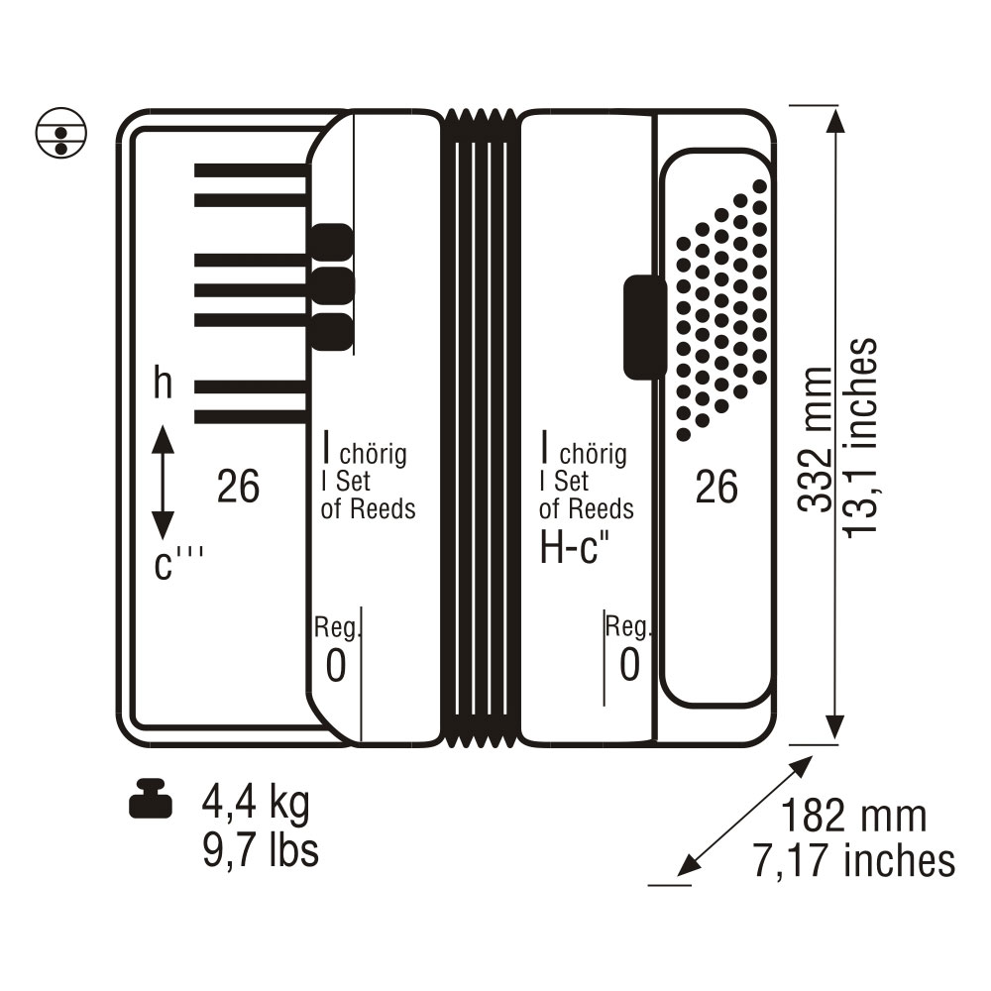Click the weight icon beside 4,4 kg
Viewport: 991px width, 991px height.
[151, 800]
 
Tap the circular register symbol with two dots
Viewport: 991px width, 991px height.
[61, 133]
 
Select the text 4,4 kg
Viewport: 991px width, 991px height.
[256, 803]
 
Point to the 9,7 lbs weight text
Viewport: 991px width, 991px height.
[261, 850]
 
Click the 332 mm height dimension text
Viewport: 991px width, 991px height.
[816, 439]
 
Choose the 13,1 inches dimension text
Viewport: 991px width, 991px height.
[861, 437]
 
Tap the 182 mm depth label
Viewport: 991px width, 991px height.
[854, 816]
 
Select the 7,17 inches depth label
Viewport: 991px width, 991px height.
[854, 861]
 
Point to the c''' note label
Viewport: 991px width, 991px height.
[178, 563]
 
